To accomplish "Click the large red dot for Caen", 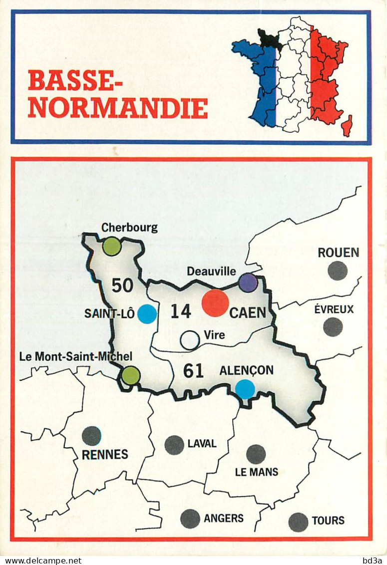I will click(215, 303).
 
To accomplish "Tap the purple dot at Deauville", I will click(248, 282).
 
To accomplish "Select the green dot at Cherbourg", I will click(111, 246).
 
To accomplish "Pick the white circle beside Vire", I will click(190, 340).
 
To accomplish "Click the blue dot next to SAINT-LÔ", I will click(147, 314).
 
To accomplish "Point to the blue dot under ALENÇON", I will click(245, 389).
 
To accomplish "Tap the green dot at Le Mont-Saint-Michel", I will click(130, 375).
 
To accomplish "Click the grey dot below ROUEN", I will click(338, 271).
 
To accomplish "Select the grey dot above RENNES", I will click(91, 436).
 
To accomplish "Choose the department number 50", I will click(122, 285).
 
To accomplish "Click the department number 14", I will click(181, 311).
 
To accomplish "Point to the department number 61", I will click(193, 371).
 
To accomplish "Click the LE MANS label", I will click(257, 472).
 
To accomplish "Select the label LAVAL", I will click(202, 443).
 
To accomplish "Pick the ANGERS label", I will click(224, 518).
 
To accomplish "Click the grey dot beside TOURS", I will click(298, 522).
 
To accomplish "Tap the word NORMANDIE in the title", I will click(118, 108).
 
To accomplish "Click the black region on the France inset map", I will click(270, 39).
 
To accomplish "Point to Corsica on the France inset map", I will click(347, 126).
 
